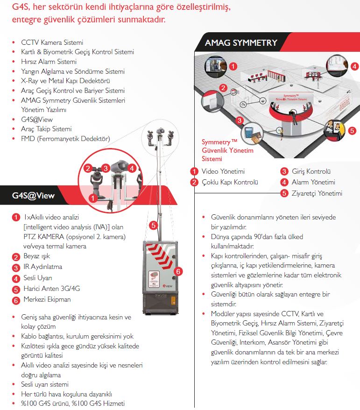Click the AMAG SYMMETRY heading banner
pyautogui.click(x=241, y=43)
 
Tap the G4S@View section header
pyautogui.click(x=33, y=196)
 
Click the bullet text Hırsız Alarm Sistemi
pyautogui.click(x=49, y=62)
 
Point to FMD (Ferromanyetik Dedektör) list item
pyautogui.click(x=65, y=139)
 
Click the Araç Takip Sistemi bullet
pyautogui.click(x=46, y=129)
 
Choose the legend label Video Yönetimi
pyautogui.click(x=223, y=171)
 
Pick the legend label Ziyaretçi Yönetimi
pyautogui.click(x=317, y=193)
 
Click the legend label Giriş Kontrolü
pyautogui.click(x=311, y=171)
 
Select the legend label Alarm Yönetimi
pyautogui.click(x=313, y=182)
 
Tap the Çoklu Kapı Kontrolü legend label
pyautogui.click(x=229, y=182)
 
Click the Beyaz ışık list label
pyautogui.click(x=37, y=256)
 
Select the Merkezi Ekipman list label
pyautogui.click(x=47, y=299)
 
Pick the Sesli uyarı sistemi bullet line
pyautogui.click(x=45, y=385)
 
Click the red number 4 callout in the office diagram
pyautogui.click(x=355, y=66)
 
